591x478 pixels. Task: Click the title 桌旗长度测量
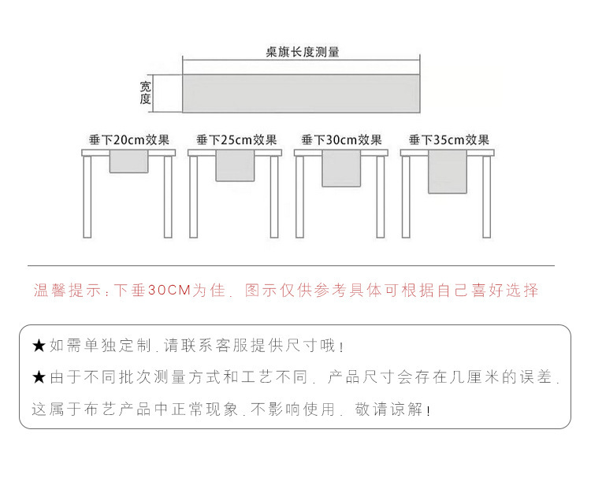pos(302,53)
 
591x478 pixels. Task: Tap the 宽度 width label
pos(145,92)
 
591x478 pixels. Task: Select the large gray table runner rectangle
pos(302,92)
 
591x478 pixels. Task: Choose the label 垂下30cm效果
pos(341,140)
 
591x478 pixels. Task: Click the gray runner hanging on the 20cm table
pos(129,162)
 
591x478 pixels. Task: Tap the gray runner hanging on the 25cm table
pos(235,166)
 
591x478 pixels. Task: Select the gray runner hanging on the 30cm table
pos(341,169)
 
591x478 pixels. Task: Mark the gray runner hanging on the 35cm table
pos(448,172)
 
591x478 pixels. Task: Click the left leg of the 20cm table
pos(87,197)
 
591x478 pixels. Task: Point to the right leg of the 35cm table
pos(487,197)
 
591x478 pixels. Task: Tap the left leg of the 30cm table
pos(299,197)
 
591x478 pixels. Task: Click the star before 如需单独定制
pos(39,346)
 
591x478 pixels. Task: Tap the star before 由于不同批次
pos(39,377)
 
